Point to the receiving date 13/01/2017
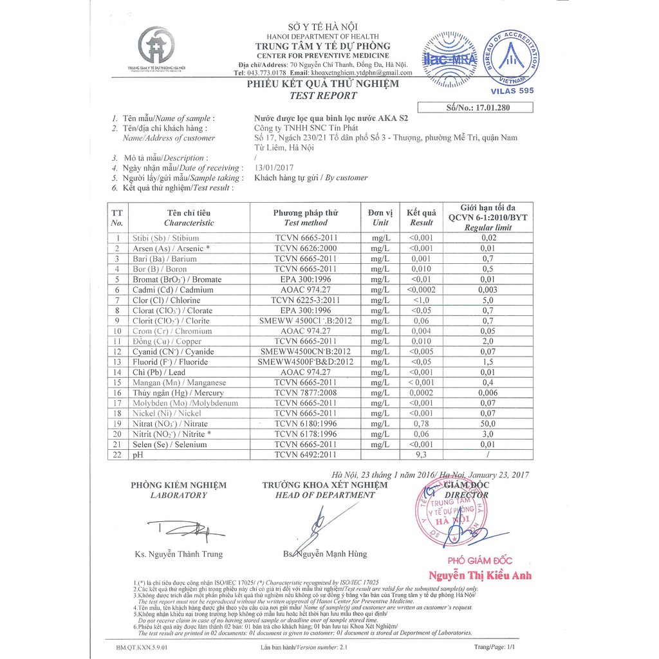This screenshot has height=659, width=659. [274, 167]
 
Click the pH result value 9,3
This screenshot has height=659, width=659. [422, 455]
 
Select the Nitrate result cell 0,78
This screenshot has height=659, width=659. [422, 424]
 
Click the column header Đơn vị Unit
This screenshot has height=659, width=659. [380, 218]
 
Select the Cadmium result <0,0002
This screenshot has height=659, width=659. [422, 290]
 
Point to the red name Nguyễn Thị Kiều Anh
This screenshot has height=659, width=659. [480, 575]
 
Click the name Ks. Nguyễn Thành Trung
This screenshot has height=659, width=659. [178, 554]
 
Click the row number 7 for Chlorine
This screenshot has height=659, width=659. [117, 300]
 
